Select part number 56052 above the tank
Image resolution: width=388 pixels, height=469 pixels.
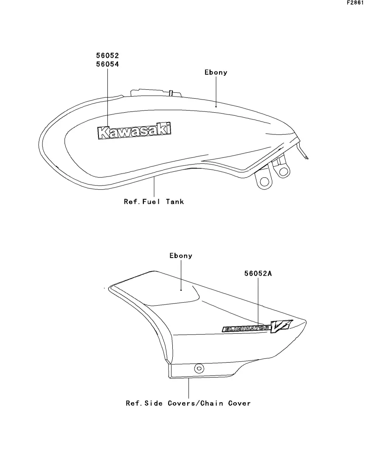[107, 56]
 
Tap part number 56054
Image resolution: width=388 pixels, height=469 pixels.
[107, 65]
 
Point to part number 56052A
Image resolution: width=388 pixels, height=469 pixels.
[258, 274]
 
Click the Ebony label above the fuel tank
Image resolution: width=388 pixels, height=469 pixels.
[216, 72]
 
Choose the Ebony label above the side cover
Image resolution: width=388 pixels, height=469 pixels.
[181, 256]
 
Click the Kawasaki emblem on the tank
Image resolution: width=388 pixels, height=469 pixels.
[135, 131]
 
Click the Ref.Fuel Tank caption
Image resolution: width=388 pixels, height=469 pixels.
[154, 202]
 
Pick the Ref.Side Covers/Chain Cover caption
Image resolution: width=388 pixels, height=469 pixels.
[188, 403]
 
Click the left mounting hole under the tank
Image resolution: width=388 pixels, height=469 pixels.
[264, 181]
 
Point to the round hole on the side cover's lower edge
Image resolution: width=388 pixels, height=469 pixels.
[198, 368]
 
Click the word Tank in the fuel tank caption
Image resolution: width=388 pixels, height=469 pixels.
[175, 202]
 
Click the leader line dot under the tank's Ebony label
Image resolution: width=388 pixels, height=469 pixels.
[216, 107]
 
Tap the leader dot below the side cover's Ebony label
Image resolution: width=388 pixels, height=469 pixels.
[181, 290]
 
